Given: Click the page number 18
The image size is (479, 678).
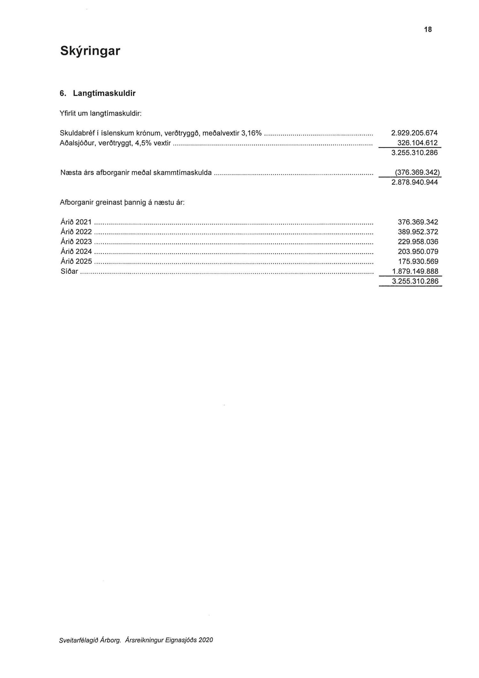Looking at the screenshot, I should [428, 30].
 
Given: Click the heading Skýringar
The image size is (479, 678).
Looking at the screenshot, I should [90, 51].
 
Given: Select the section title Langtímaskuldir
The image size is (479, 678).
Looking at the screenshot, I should [104, 93].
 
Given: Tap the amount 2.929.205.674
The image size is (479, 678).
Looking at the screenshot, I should [414, 133].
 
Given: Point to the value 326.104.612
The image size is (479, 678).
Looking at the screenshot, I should [420, 143].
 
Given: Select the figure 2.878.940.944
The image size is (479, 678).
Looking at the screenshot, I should [414, 182].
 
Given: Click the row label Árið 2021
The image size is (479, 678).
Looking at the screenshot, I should [76, 222].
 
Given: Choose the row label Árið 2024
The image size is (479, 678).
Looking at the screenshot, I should [76, 252].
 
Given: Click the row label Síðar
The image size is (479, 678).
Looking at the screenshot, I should [69, 272].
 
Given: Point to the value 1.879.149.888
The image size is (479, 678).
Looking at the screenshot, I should [415, 272].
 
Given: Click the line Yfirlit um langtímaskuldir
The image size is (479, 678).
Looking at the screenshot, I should [101, 113].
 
